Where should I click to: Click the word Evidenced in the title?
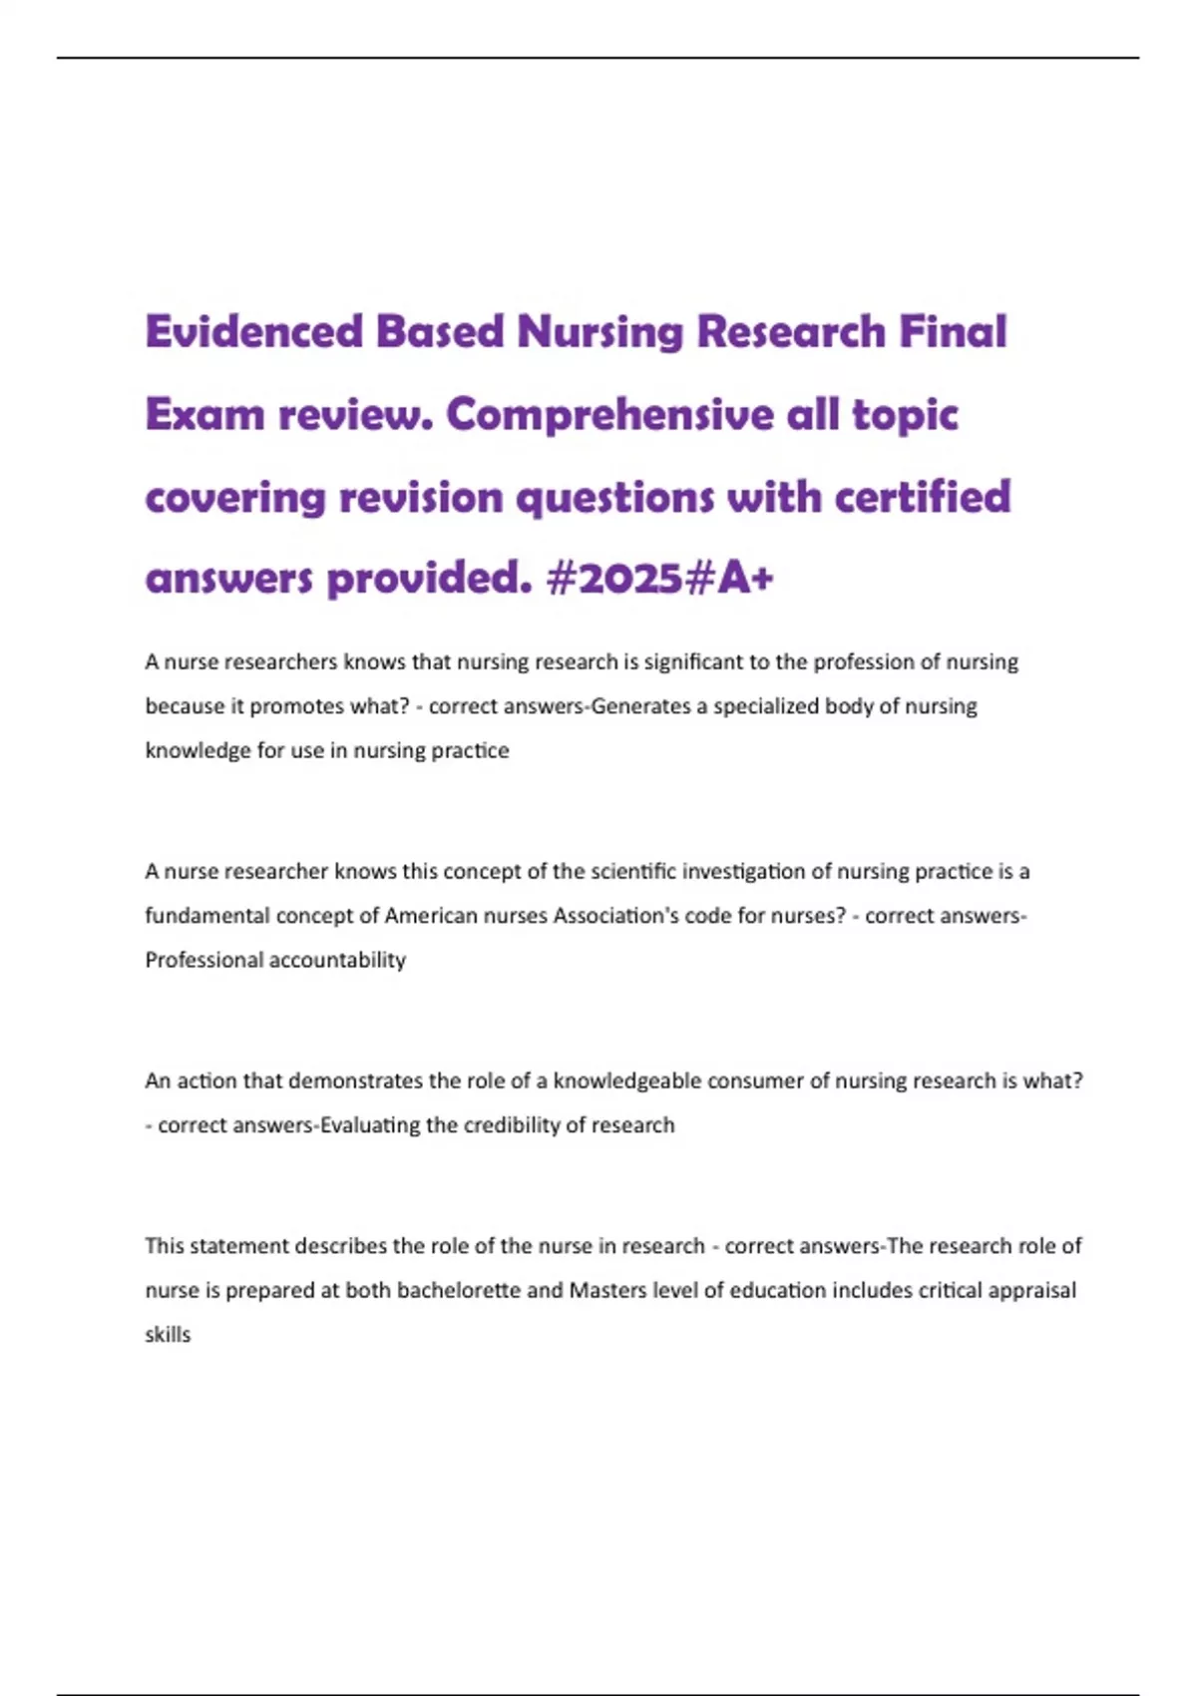tap(253, 331)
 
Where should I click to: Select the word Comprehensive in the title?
tap(609, 415)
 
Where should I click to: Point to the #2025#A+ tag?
tap(659, 579)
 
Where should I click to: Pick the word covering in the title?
tap(235, 497)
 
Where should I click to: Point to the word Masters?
tap(607, 1290)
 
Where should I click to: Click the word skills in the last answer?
tap(168, 1335)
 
